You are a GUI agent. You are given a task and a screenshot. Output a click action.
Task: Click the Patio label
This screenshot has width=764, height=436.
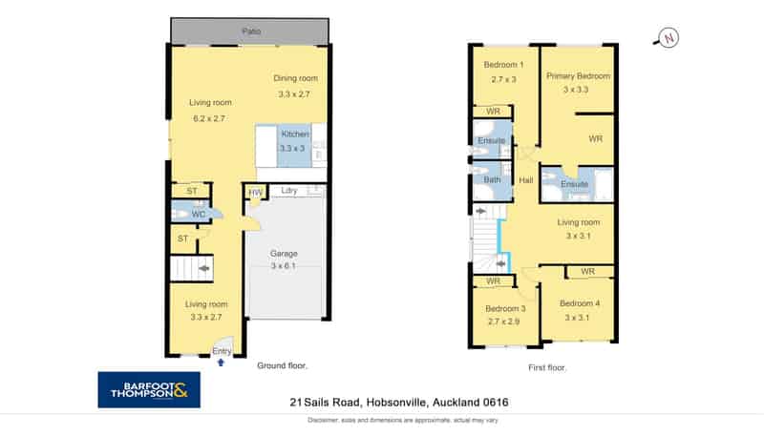(251, 31)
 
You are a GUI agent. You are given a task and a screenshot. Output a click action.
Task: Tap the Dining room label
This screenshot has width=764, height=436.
(295, 78)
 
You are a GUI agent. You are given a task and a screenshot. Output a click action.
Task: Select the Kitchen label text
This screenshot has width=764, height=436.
(295, 134)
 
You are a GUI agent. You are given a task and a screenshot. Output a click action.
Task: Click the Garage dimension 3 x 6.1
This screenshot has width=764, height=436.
(283, 265)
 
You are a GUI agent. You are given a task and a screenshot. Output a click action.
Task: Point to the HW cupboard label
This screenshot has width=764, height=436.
(255, 193)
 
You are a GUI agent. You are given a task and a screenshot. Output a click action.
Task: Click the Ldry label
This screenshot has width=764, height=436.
(289, 190)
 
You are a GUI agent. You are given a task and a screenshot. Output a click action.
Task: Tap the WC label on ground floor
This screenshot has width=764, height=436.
(199, 214)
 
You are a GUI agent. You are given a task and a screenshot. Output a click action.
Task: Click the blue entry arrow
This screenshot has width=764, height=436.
(222, 363)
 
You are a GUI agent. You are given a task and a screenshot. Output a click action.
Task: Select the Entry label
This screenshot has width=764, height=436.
(222, 351)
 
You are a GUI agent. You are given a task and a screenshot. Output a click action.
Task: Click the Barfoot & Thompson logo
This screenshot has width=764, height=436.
(149, 390)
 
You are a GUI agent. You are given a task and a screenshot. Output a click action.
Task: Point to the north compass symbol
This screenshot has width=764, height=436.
(667, 38)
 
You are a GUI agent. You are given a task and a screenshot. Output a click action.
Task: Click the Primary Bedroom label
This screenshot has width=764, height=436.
(579, 76)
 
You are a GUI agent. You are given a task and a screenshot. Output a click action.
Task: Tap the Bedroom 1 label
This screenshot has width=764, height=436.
(503, 65)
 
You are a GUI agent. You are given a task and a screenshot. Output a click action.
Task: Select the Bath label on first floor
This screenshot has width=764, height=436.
(492, 179)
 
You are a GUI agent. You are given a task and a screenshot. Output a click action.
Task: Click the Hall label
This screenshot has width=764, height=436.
(526, 180)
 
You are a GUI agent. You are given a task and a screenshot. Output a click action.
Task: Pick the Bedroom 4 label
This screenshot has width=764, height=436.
(580, 303)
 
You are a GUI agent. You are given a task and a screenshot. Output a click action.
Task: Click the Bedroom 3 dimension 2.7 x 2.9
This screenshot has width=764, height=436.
(504, 322)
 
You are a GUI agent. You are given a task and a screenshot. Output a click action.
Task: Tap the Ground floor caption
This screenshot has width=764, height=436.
(282, 365)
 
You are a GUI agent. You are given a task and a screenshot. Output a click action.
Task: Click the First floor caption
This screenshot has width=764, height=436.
(547, 368)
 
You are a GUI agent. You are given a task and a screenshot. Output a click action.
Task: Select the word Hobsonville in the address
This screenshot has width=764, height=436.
(396, 403)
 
